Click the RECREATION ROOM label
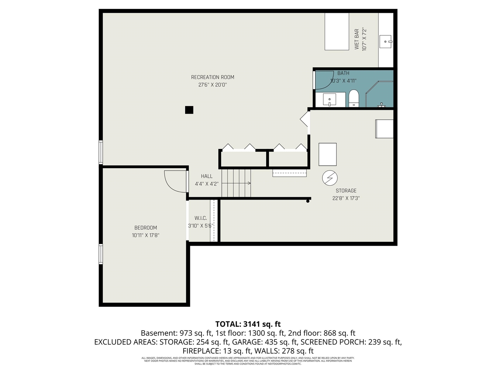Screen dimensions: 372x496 212,77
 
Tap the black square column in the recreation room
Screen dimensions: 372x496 189,110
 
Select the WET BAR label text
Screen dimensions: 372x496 356,39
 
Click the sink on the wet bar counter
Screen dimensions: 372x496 386,41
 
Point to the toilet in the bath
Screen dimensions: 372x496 354,98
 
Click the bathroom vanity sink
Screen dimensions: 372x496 329,100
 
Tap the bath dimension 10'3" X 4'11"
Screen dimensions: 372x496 343,81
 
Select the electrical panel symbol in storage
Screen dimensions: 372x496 330,178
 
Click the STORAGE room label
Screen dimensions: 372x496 346,191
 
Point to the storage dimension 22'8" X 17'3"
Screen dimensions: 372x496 346,198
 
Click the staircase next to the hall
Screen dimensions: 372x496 236,183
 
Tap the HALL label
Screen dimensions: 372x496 207,176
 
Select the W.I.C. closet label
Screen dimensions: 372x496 201,218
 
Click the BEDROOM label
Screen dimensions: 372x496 146,228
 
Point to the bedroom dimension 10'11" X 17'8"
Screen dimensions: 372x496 146,235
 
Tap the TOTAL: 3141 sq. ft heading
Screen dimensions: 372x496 248,324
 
